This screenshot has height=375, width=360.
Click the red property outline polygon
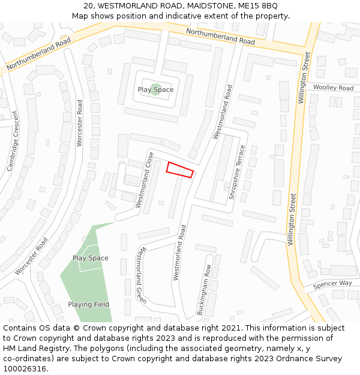pos(180,170)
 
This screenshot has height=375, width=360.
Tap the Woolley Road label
pos(333,88)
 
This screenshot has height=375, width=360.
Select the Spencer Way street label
pos(332,283)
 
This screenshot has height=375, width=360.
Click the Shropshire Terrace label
pos(238,172)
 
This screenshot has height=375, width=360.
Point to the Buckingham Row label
pos(204,290)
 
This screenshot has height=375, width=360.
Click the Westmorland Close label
pos(145,180)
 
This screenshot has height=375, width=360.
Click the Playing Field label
pos(88,304)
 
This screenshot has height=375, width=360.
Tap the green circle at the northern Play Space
pos(155,89)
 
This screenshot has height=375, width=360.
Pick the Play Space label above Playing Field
pos(91,258)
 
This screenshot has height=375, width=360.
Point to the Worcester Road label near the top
pos(79,123)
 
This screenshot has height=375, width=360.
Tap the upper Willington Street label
pos(305,78)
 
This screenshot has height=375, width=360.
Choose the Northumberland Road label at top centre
pos(220,37)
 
